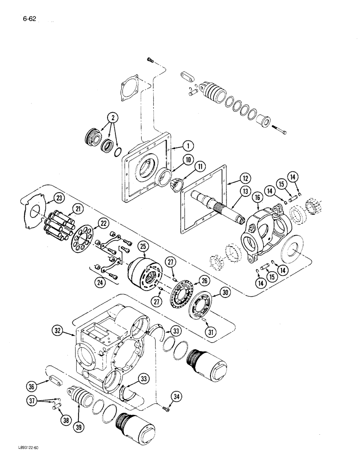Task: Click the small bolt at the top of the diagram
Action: click(x=150, y=59)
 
